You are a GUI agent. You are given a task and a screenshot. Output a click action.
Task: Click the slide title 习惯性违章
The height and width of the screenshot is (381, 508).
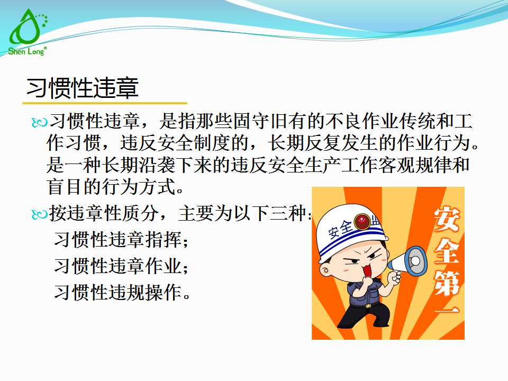83,88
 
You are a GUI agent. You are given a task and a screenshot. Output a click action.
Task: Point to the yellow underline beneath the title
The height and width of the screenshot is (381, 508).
106,103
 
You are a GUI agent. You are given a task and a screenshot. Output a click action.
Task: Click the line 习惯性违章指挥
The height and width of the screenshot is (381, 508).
121,240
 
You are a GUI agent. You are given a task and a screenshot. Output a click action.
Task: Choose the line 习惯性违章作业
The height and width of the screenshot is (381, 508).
121,266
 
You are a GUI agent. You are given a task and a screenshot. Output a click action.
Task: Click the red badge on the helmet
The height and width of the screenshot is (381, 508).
363,221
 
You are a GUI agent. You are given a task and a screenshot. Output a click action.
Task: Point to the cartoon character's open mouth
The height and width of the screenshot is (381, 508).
366,270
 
